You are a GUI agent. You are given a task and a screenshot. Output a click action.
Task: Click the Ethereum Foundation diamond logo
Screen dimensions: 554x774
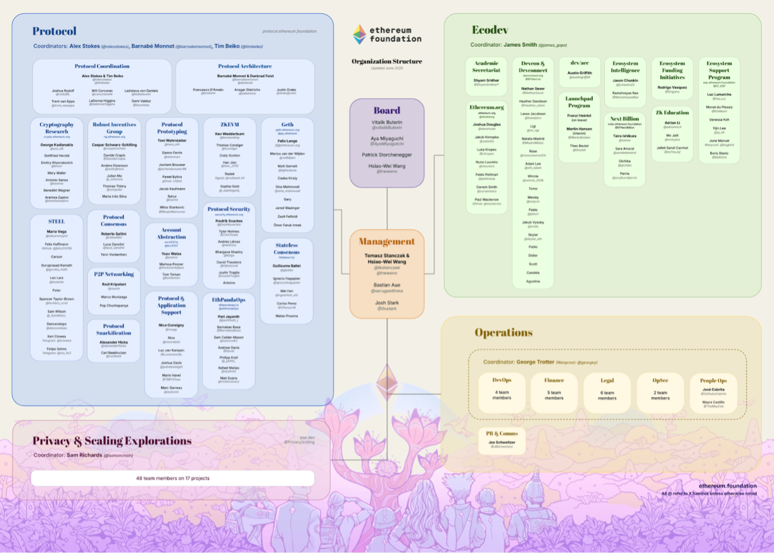click(x=359, y=34)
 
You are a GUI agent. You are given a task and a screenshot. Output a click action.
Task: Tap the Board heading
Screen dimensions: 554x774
click(x=386, y=110)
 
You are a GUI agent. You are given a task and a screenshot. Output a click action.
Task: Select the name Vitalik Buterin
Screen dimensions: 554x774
click(x=386, y=122)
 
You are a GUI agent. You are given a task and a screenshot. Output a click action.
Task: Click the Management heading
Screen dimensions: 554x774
click(x=386, y=242)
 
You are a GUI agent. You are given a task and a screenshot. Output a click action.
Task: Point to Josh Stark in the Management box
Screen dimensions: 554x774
click(x=386, y=303)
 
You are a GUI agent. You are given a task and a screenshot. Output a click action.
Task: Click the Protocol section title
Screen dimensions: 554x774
click(x=54, y=31)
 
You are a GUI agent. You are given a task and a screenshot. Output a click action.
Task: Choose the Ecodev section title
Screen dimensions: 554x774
click(x=490, y=30)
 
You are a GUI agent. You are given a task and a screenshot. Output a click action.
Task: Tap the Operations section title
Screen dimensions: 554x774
click(x=503, y=333)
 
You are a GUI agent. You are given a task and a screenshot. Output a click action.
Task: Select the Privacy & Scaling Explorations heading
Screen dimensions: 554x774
click(x=112, y=441)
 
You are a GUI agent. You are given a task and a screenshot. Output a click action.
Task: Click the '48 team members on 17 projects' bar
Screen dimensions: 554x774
click(x=173, y=478)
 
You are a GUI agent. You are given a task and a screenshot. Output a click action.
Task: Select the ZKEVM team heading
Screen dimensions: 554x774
click(x=229, y=125)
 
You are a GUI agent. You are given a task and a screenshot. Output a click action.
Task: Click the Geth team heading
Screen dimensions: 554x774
click(x=287, y=125)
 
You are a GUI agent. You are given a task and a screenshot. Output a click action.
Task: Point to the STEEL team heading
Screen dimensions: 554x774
click(x=56, y=221)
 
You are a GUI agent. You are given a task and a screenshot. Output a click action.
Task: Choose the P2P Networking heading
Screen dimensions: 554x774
click(x=114, y=274)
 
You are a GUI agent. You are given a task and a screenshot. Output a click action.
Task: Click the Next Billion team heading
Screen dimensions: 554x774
click(x=625, y=119)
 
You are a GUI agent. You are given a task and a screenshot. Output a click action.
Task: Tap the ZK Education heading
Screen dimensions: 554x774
click(x=672, y=113)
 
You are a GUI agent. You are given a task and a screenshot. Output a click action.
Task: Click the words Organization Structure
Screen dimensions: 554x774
click(x=386, y=61)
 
